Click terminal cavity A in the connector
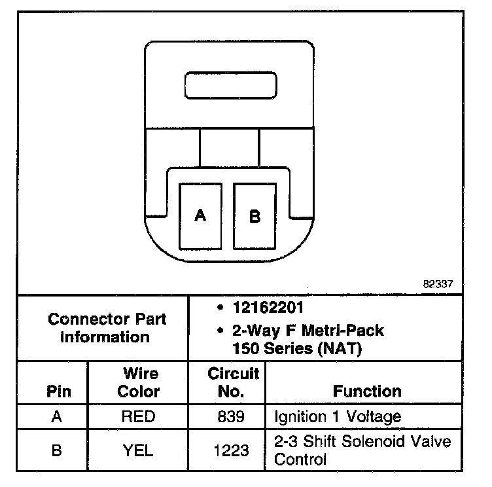201,215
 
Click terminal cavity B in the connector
255,215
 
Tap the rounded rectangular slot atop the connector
231,87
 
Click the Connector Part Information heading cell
107,329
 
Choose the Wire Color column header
139,383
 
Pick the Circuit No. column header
233,383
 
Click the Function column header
367,391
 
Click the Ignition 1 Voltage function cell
337,416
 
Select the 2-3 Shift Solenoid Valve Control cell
362,450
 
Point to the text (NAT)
340,348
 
